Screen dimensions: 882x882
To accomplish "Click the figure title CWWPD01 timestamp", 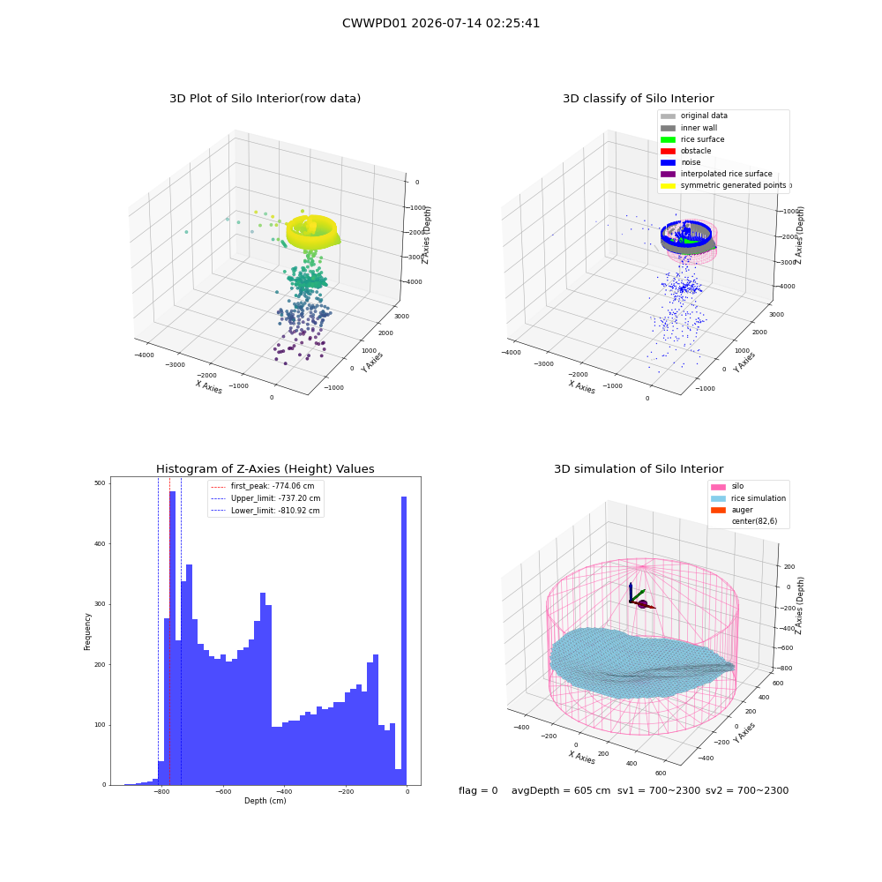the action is click(x=441, y=23).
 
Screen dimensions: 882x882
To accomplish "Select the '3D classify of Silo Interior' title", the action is click(x=639, y=99).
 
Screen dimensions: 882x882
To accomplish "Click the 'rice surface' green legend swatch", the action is click(x=668, y=139).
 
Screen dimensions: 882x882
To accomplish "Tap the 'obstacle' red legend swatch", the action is click(x=668, y=151).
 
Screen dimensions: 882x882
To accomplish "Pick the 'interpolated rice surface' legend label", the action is click(x=726, y=174).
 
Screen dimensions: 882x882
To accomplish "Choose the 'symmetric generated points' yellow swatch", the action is click(x=668, y=185).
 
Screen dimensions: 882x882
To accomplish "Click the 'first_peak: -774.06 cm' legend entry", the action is click(x=262, y=486).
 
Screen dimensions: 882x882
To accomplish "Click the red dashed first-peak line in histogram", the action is click(x=170, y=631).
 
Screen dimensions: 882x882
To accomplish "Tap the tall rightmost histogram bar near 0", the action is click(x=404, y=640).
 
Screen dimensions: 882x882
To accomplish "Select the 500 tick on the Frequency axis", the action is click(x=101, y=483).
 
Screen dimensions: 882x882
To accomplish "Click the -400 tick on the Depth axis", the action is click(x=284, y=791).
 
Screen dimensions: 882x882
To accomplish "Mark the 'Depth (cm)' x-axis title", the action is click(x=265, y=801).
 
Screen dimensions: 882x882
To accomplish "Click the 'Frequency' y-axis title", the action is click(x=87, y=632).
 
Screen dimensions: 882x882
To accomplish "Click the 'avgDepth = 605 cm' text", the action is click(x=561, y=790).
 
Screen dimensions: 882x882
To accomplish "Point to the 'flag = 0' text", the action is click(x=478, y=790).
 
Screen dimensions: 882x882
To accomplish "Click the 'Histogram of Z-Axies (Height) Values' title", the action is click(x=265, y=469).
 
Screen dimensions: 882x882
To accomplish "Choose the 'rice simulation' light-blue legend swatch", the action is click(x=718, y=498).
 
